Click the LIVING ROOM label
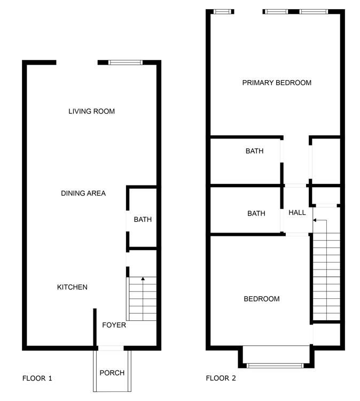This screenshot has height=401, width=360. click(91, 111)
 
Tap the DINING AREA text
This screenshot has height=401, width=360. click(83, 193)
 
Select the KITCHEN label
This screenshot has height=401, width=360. click(72, 287)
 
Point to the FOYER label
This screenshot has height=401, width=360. click(114, 325)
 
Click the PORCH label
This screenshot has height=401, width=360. click(112, 373)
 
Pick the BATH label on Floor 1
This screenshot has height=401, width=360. click(143, 219)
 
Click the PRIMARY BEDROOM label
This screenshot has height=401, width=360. click(276, 82)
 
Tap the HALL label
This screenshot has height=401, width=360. click(297, 212)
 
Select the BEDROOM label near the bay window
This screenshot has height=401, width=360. click(261, 298)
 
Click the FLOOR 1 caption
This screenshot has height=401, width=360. click(37, 379)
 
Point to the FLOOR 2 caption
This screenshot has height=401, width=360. click(221, 379)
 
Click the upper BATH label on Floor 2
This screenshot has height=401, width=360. click(254, 151)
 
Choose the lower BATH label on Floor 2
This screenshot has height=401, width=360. click(256, 213)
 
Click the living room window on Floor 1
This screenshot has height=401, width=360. click(126, 63)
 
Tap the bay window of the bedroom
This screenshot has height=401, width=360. click(275, 366)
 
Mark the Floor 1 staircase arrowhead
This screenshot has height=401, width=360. click(143, 279)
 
